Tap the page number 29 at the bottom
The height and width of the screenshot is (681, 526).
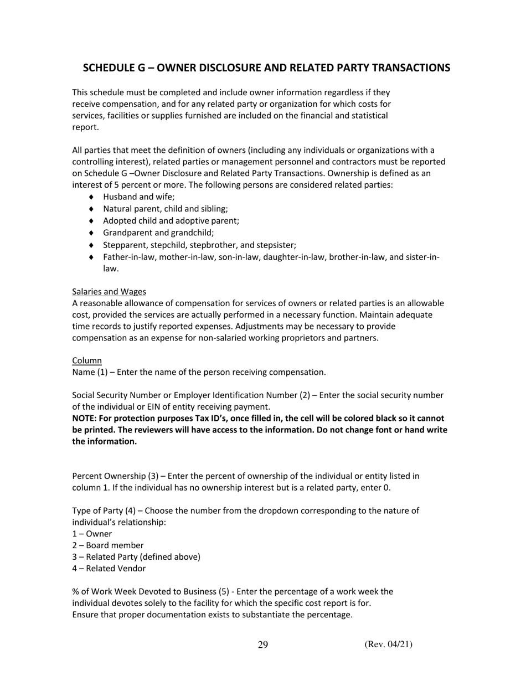click(x=263, y=644)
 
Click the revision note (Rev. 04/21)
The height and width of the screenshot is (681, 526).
click(x=388, y=644)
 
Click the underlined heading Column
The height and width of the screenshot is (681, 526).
click(x=87, y=360)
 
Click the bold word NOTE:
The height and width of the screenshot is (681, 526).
click(x=85, y=418)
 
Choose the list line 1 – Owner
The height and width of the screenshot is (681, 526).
click(x=92, y=534)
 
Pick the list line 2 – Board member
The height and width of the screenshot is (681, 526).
click(x=108, y=545)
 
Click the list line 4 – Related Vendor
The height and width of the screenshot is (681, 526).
click(x=109, y=569)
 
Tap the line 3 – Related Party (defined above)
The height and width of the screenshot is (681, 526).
click(x=136, y=557)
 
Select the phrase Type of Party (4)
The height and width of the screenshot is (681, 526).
click(x=107, y=510)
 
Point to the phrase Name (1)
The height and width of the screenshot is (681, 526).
click(x=90, y=372)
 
